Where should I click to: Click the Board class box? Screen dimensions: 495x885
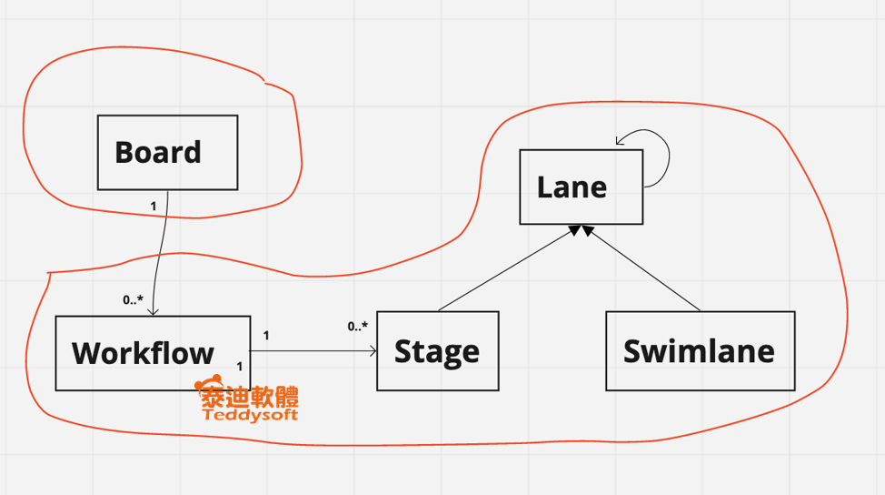(167, 152)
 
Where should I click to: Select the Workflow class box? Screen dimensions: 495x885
(152, 353)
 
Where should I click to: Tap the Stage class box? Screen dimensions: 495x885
(437, 351)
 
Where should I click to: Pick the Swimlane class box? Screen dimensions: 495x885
(700, 351)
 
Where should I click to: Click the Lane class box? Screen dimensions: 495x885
(581, 187)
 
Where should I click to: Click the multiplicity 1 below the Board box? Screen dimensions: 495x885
(153, 206)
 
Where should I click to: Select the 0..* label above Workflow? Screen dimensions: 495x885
(133, 299)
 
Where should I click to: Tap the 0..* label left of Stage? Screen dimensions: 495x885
(357, 327)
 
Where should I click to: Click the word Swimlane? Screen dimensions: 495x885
(700, 351)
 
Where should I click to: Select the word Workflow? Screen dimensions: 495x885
(144, 353)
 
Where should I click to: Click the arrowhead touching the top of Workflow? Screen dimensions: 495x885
(154, 311)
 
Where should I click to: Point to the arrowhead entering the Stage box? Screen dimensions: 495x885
(373, 351)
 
